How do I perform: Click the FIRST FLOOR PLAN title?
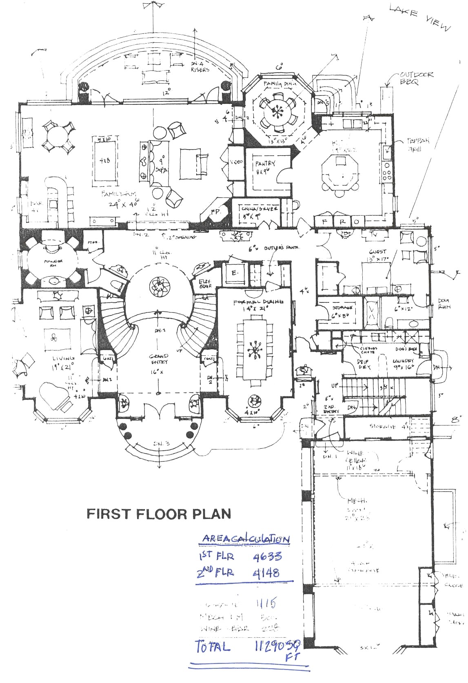(159, 513)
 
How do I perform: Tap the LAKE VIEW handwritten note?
(420, 18)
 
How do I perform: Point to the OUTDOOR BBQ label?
(416, 77)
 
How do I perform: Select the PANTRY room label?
(265, 166)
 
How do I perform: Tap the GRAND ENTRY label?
(158, 359)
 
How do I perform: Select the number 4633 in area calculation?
(267, 556)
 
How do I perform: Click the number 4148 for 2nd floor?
(266, 573)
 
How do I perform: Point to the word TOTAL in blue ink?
(213, 647)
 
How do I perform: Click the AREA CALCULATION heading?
(246, 539)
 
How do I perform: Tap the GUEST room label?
(377, 252)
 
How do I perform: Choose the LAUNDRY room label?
(403, 361)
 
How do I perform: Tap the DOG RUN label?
(444, 304)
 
